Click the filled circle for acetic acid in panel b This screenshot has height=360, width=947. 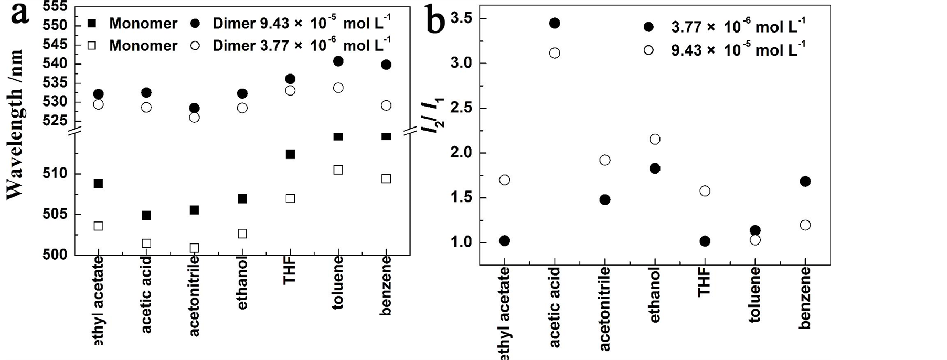tap(555, 23)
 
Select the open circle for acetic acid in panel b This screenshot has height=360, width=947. tap(555, 53)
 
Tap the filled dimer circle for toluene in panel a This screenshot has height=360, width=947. tap(338, 61)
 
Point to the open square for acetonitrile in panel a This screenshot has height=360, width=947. tap(194, 248)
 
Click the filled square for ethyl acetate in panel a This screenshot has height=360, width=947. tap(98, 184)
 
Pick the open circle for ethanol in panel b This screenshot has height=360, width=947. tap(655, 139)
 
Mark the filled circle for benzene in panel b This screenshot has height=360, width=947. tap(805, 182)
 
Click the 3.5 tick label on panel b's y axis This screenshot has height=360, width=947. tap(462, 19)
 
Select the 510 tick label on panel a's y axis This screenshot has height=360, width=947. tap(55, 174)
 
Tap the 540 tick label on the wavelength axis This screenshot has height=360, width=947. tap(55, 64)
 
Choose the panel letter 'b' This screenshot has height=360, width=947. tap(435, 21)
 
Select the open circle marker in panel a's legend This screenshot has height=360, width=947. tap(195, 46)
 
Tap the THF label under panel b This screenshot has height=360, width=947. tap(705, 282)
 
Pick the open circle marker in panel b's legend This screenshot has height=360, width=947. tap(649, 50)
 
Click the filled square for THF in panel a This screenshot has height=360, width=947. tap(290, 154)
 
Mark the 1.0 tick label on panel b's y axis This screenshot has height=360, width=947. tap(462, 242)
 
